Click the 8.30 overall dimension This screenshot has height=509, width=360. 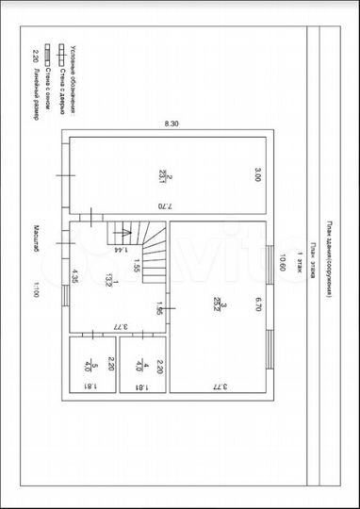point(171,123)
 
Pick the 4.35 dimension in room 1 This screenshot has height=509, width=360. point(74,278)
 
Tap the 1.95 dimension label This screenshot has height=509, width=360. point(160,310)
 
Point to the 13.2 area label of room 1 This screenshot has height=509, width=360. point(109,277)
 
